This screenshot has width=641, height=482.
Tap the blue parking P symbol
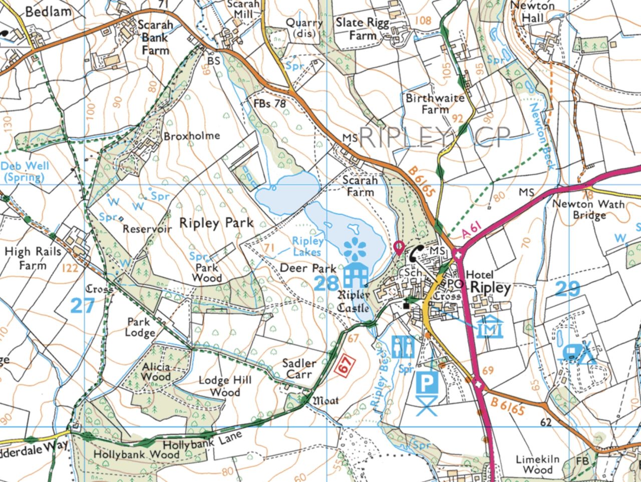click(x=426, y=384)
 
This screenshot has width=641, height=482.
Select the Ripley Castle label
click(x=354, y=301)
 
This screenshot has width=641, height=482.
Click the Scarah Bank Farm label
click(x=155, y=38)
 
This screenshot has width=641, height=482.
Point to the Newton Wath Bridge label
click(x=588, y=210)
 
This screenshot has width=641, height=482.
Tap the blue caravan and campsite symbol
click(x=579, y=352)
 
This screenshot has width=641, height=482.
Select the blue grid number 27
click(x=83, y=305)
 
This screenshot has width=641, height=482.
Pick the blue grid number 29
click(x=568, y=289)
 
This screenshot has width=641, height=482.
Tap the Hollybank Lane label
click(x=203, y=440)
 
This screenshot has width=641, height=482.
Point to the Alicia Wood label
click(x=156, y=371)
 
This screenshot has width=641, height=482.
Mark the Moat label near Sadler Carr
click(x=326, y=400)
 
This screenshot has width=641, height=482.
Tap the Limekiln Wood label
click(x=538, y=464)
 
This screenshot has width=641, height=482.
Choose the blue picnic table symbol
click(x=426, y=406)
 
